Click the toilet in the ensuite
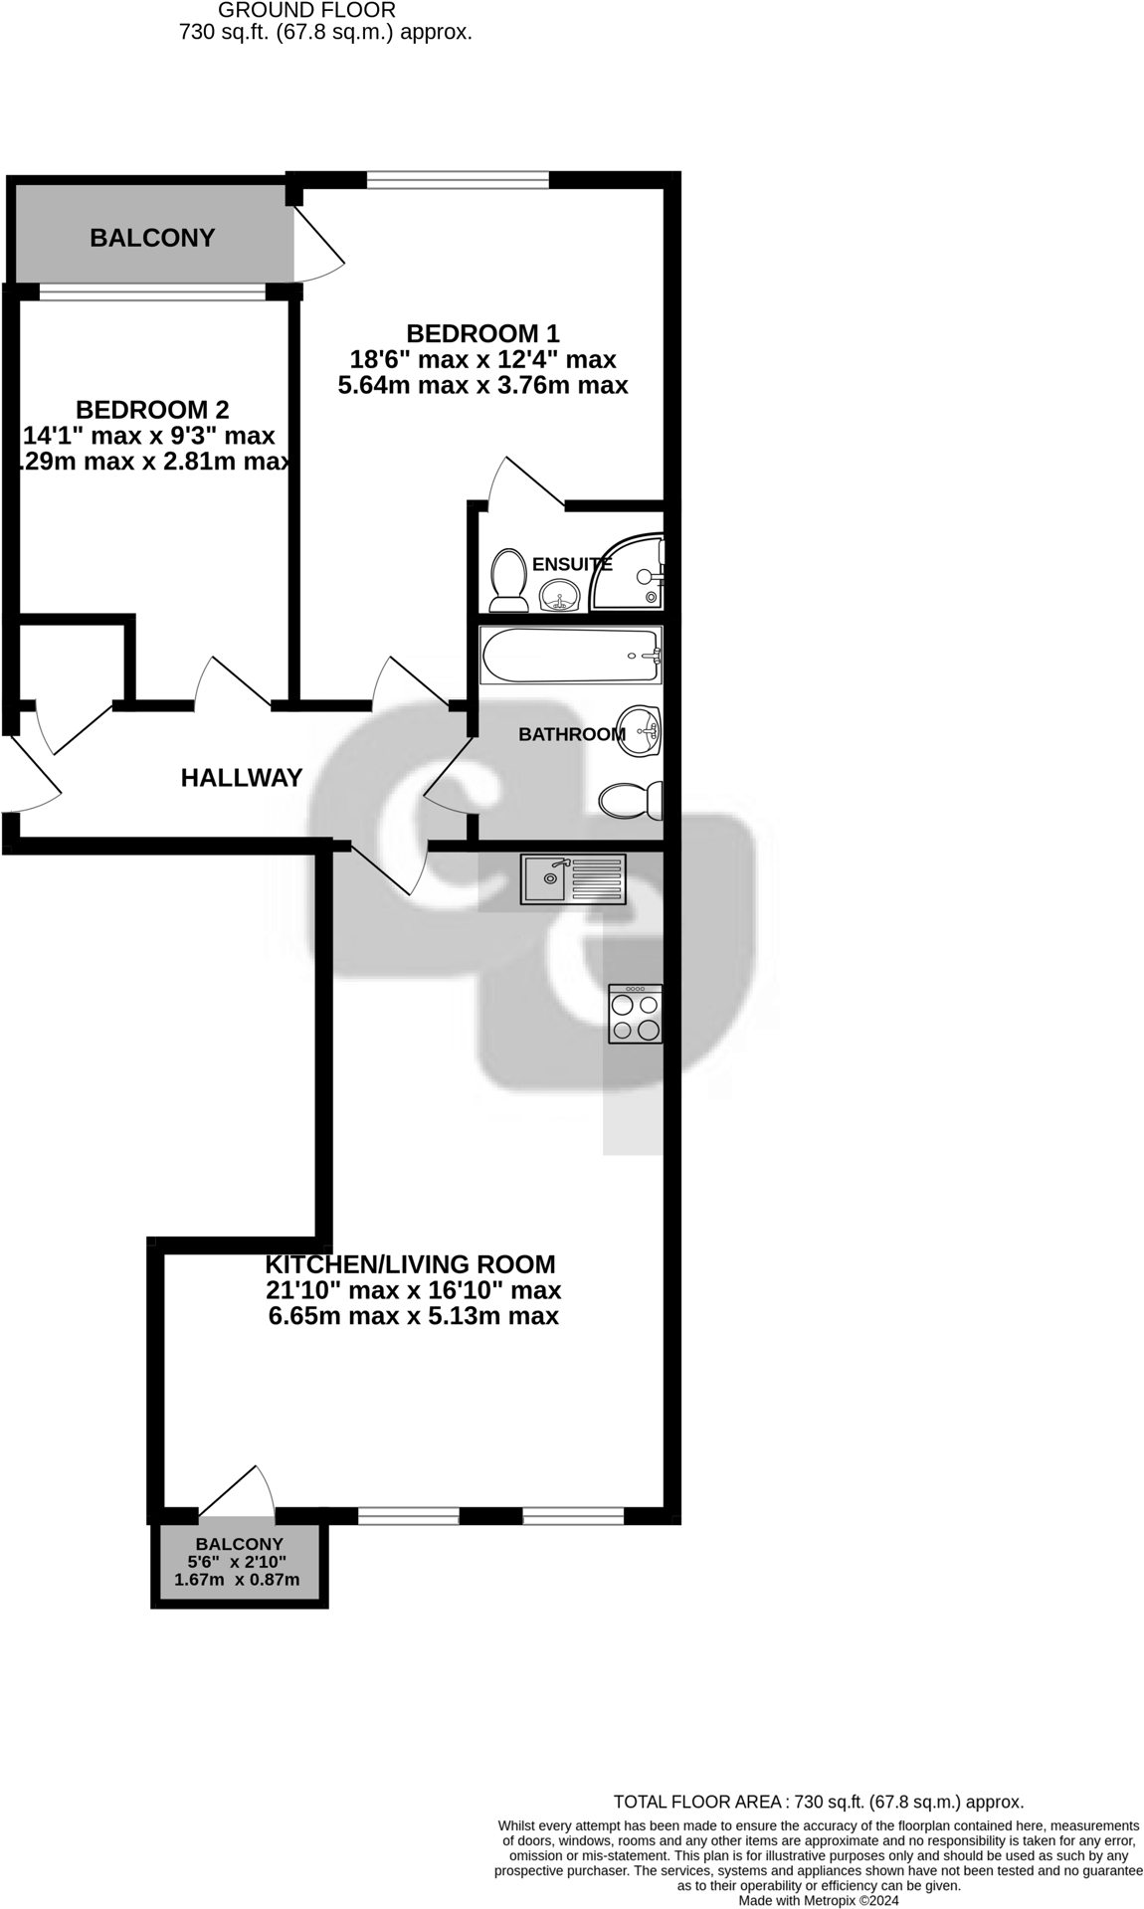click(508, 581)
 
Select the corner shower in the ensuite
click(630, 574)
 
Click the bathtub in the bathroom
click(570, 655)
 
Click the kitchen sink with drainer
click(573, 879)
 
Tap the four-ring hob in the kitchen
click(636, 1014)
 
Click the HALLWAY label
click(242, 778)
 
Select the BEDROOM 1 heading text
click(482, 332)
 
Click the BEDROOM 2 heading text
click(152, 409)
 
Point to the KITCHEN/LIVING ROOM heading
click(410, 1264)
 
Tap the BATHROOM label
click(571, 734)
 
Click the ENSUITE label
click(572, 564)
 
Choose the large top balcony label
click(152, 238)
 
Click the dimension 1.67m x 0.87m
click(237, 1580)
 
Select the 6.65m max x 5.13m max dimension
click(413, 1316)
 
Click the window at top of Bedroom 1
click(458, 180)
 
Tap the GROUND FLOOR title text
click(306, 11)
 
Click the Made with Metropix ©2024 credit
click(818, 1900)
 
